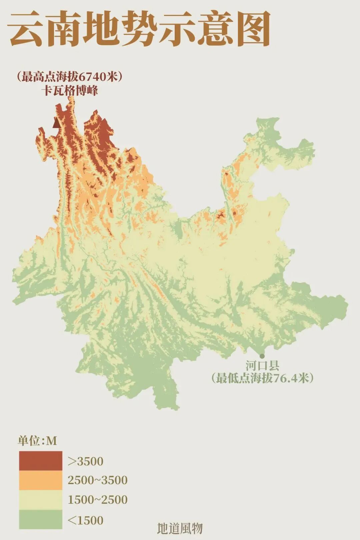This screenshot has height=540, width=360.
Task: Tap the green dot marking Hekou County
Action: [262, 356]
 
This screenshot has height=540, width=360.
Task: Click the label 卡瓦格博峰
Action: [70, 91]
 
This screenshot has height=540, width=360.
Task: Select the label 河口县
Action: [262, 366]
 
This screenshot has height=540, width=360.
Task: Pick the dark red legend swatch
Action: [40, 461]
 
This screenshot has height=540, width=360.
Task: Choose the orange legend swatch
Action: [40, 480]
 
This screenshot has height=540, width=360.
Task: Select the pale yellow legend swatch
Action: [40, 500]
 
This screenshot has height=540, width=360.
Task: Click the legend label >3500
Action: [86, 461]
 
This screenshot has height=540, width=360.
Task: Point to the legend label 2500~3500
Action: [98, 480]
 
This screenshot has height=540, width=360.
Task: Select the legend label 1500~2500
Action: [98, 500]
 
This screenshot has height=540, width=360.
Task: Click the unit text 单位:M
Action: [37, 441]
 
